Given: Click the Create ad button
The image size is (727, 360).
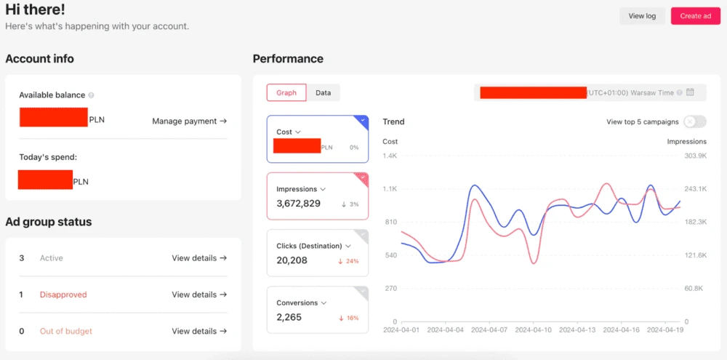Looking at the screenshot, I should pyautogui.click(x=695, y=16).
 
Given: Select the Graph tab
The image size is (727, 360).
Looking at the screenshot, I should pyautogui.click(x=286, y=93).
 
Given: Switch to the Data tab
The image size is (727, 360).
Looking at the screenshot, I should pyautogui.click(x=324, y=93).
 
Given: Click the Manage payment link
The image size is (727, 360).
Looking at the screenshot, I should pyautogui.click(x=189, y=121).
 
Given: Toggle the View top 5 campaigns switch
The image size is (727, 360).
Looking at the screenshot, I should pyautogui.click(x=694, y=122).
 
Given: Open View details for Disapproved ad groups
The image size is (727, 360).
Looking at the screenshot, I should pyautogui.click(x=199, y=295).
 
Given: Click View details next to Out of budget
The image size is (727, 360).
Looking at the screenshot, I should pyautogui.click(x=199, y=331).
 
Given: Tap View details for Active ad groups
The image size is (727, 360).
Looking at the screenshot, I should pyautogui.click(x=199, y=258).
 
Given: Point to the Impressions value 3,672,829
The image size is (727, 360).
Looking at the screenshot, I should pyautogui.click(x=299, y=204).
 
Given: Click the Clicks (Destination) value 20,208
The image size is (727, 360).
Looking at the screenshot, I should pyautogui.click(x=292, y=260).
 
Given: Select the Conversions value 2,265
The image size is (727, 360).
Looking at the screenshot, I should pyautogui.click(x=289, y=317).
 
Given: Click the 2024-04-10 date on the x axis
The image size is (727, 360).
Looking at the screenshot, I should pyautogui.click(x=534, y=330).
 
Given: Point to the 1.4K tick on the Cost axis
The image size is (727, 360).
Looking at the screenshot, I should pyautogui.click(x=390, y=156).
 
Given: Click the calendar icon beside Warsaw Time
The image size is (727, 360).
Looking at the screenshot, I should pyautogui.click(x=691, y=92).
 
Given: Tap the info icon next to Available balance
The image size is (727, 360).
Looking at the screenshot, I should pyautogui.click(x=91, y=95).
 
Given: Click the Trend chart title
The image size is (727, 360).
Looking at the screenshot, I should pyautogui.click(x=393, y=121).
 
